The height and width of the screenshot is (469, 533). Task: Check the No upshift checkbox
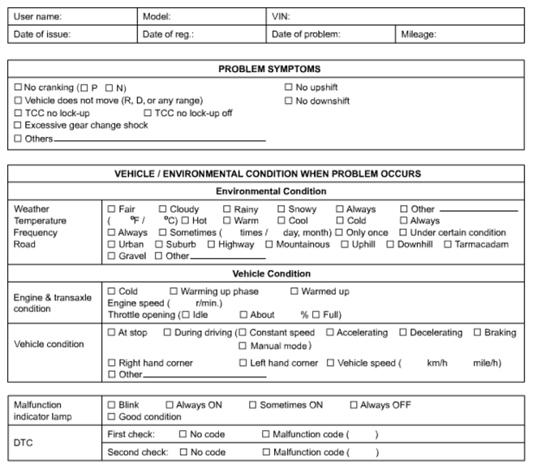(x=289, y=88)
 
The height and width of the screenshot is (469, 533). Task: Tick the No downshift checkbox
(x=289, y=101)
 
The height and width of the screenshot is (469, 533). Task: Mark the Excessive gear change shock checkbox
(x=19, y=126)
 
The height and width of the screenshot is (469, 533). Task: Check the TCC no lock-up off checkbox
(x=148, y=114)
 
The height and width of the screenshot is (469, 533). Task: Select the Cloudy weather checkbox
(x=162, y=209)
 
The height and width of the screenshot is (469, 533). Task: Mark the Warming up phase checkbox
(x=174, y=291)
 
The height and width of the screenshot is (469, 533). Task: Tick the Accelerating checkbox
(x=329, y=333)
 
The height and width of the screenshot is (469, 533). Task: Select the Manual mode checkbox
(x=243, y=346)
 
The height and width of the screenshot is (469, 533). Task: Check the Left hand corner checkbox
(x=243, y=364)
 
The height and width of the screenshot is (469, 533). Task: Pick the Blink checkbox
(x=111, y=405)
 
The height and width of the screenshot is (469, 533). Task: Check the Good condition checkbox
(x=111, y=417)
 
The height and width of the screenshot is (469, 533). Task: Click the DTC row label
(x=24, y=443)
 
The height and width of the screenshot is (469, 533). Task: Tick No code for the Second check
(x=183, y=452)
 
